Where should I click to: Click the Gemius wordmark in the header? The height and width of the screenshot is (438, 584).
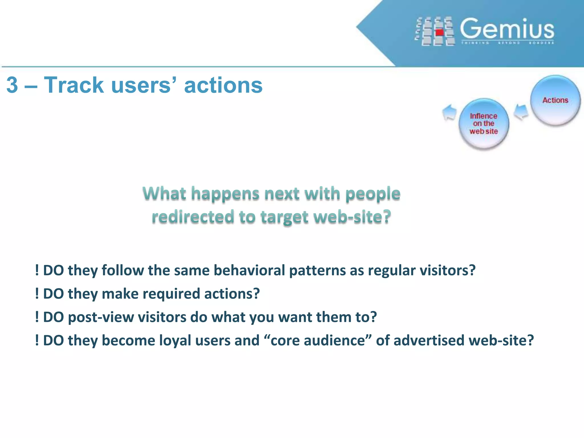tap(507, 29)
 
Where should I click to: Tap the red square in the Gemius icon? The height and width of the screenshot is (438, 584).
tap(440, 32)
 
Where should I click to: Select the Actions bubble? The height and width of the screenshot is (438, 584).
tap(555, 100)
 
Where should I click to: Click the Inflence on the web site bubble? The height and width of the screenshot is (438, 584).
tap(484, 124)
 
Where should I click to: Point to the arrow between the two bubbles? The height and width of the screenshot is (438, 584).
tap(521, 112)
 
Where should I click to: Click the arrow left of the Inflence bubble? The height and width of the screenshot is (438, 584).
tap(449, 112)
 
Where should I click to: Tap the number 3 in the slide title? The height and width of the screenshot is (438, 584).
tap(12, 85)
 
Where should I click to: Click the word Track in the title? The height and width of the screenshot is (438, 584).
tap(74, 85)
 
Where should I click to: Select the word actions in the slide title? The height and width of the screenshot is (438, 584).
tap(223, 85)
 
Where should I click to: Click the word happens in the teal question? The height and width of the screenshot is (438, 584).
tap(225, 194)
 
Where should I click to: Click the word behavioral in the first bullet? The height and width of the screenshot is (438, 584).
tap(249, 270)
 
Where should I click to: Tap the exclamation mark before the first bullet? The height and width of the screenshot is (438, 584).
tap(37, 270)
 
